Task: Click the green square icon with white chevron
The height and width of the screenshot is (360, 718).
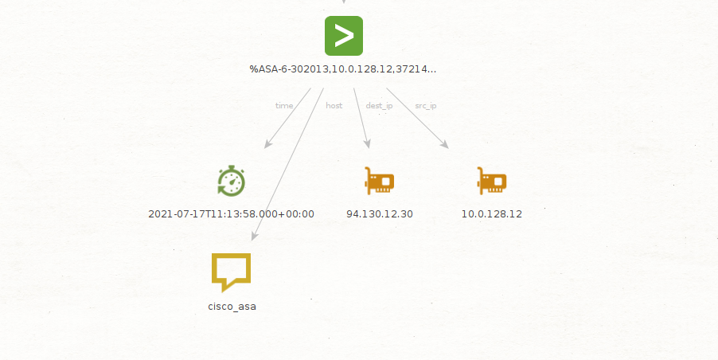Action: point(344,36)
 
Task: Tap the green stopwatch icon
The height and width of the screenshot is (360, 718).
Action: point(232,181)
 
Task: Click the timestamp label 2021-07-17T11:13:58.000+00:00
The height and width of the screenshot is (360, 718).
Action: point(232,214)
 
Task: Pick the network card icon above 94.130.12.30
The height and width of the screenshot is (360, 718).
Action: point(379,181)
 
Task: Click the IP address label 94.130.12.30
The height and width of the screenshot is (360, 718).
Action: point(380,214)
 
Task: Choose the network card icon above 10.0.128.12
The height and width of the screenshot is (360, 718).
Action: point(492,181)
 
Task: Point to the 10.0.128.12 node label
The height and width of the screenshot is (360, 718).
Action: point(492,214)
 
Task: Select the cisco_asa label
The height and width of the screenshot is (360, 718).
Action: point(232,307)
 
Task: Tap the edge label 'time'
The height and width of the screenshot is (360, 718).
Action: point(284,106)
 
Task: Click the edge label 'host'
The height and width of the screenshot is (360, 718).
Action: point(334,106)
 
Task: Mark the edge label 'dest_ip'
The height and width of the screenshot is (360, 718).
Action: point(379,106)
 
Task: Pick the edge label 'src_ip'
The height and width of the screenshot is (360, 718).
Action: point(426,106)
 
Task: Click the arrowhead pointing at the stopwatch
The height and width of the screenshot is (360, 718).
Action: point(268,144)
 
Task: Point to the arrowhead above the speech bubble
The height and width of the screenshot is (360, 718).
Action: point(254,236)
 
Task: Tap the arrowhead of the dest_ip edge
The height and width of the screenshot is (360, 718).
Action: point(367,144)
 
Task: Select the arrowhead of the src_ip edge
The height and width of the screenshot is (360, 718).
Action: point(444,144)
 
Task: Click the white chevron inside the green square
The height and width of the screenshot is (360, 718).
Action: point(345,36)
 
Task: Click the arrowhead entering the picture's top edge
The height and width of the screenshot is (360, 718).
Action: point(344,2)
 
